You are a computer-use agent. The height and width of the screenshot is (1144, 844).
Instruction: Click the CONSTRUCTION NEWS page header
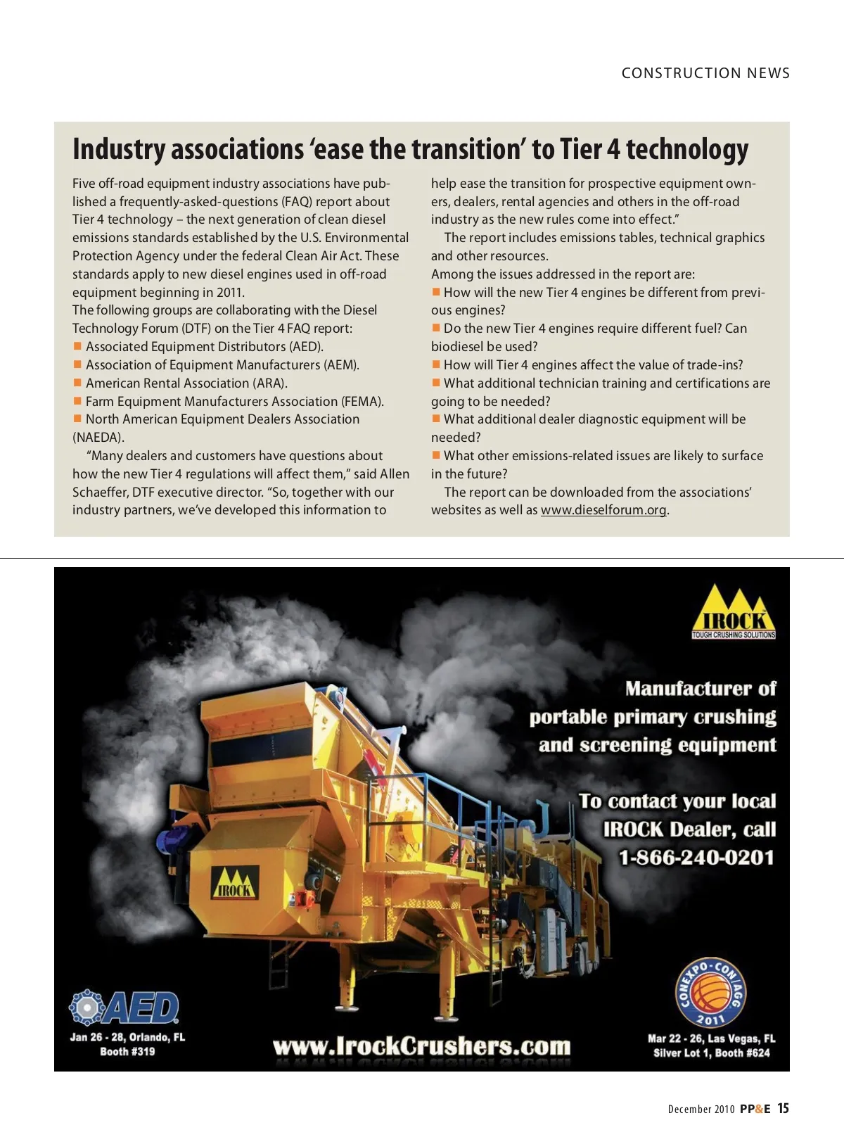705,73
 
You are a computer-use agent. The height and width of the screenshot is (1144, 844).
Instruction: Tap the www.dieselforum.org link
603,510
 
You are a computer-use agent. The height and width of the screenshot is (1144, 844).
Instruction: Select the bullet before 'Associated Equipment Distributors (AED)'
78,346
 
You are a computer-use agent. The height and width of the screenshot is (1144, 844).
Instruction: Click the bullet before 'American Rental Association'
78,383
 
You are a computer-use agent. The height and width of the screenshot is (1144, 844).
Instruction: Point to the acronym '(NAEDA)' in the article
98,438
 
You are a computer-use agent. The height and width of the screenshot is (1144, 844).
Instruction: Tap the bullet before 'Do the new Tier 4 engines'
436,328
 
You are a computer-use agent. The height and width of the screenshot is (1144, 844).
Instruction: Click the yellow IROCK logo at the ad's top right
734,612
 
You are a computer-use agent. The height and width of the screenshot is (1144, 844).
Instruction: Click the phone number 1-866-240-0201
696,858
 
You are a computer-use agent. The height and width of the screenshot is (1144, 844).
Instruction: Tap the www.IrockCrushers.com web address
422,1046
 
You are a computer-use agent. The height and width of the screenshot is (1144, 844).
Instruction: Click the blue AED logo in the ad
125,1008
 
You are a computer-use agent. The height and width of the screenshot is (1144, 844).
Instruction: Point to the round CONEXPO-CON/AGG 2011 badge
711,993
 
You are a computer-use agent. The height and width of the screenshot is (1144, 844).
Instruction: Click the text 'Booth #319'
127,1052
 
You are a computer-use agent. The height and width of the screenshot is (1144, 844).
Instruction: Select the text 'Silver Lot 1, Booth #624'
711,1053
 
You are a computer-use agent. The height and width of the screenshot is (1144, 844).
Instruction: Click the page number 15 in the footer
783,1108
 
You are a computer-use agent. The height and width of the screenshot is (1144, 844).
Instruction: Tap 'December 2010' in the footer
701,1110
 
